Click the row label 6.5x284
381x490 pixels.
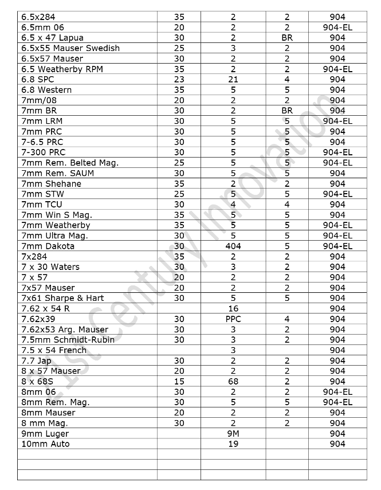point(38,17)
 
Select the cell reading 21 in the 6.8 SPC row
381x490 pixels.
point(233,80)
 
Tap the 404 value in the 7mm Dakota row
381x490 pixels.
point(233,246)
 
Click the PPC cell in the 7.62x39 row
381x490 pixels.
point(233,319)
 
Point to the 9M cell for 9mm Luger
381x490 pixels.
point(233,434)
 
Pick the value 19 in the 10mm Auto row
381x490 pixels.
point(233,444)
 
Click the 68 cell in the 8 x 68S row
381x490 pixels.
point(233,382)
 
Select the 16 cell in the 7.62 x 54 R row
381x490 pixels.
point(233,309)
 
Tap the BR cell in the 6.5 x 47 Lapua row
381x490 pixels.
point(287,38)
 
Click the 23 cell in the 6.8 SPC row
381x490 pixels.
point(179,80)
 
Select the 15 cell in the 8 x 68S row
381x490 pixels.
point(179,382)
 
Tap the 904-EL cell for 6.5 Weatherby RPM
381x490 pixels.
point(337,69)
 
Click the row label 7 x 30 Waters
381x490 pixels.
point(50,267)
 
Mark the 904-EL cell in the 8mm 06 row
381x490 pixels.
point(337,392)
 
